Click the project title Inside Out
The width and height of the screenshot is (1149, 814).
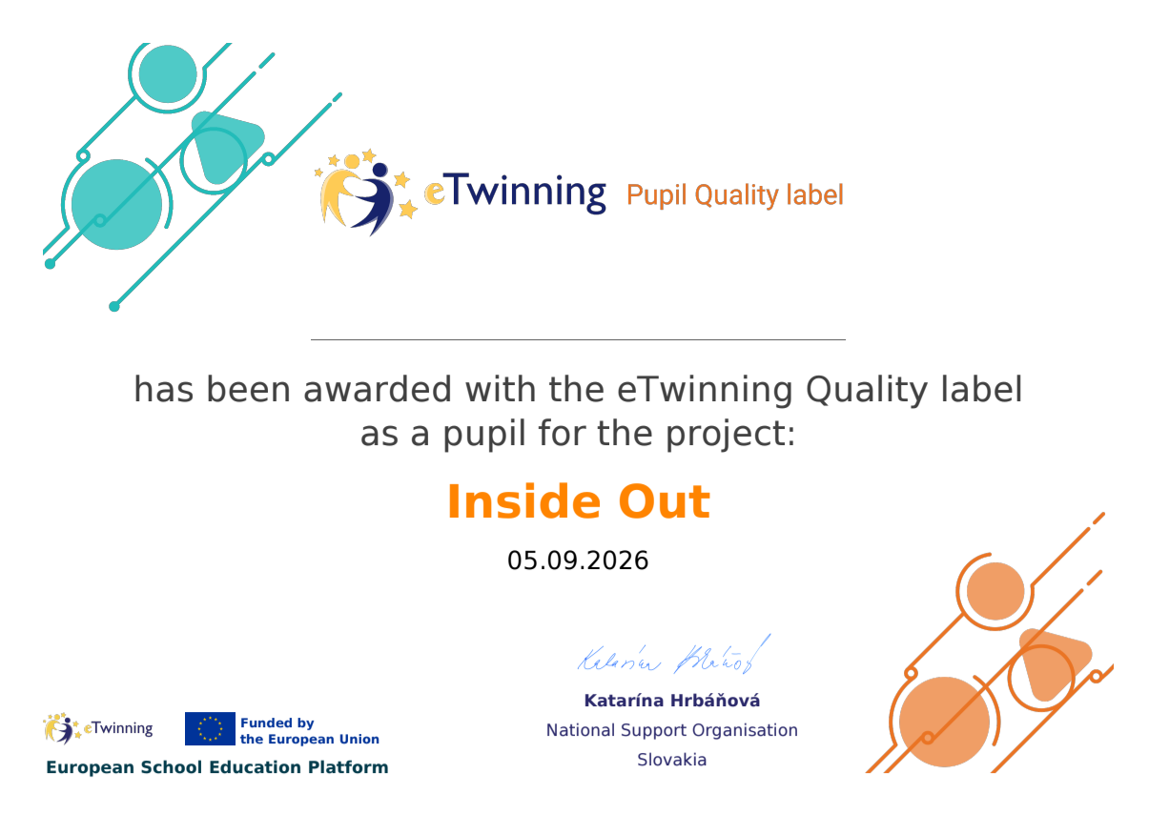579,501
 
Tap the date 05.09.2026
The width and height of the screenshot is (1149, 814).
578,560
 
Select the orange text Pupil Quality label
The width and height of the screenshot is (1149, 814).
735,195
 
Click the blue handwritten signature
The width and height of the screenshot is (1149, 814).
674,656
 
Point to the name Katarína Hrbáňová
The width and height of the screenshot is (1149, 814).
672,701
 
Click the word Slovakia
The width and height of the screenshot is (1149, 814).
672,760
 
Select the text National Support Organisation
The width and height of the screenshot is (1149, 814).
672,730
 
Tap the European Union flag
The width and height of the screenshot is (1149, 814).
210,728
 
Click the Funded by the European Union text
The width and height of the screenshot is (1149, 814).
309,731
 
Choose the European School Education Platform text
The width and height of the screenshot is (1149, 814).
217,767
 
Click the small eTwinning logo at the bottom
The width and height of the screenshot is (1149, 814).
98,728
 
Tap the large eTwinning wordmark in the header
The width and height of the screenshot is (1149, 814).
515,193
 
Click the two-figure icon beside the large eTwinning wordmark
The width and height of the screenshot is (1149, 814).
366,193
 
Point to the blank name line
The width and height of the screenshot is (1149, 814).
578,339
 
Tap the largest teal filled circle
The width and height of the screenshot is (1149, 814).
117,205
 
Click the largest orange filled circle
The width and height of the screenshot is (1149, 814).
944,722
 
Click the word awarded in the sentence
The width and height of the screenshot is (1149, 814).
378,390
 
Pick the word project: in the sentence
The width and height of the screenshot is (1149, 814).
730,435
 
